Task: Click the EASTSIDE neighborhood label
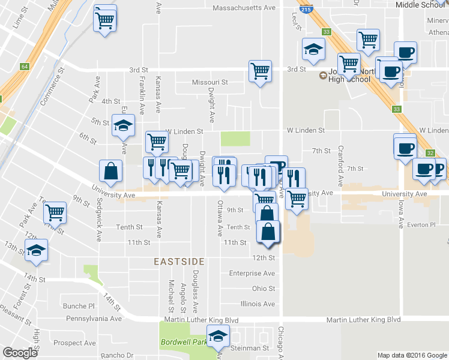[179, 262]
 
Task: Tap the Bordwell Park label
[182, 343]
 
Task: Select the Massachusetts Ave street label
[244, 8]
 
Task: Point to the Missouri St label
[210, 82]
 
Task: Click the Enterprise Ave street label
[252, 274]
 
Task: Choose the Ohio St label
[264, 289]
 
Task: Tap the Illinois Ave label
[258, 304]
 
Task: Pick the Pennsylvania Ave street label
[94, 319]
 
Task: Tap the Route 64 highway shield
[25, 66]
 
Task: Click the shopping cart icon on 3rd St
[261, 71]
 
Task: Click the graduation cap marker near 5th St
[123, 126]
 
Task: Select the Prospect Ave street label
[74, 343]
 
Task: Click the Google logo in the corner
[20, 353]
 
